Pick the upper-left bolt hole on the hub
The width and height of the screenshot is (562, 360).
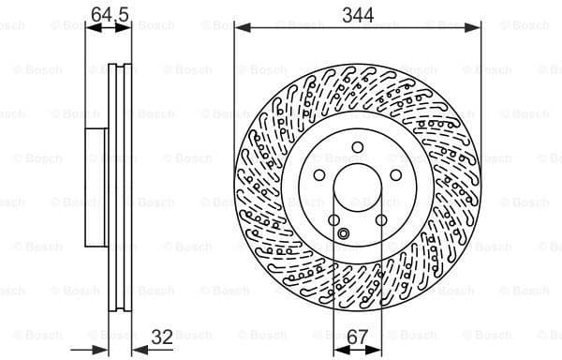pos(319,176)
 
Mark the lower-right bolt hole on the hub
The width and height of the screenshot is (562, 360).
pos(381,221)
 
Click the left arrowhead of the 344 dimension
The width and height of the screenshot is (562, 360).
pos(239,29)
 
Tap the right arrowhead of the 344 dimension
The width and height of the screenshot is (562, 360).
pos(480,29)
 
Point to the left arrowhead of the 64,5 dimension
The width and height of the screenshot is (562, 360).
pos(90,29)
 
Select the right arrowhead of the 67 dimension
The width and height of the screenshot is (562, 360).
pos(379,348)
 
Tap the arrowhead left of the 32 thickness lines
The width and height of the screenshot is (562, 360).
pos(108,348)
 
